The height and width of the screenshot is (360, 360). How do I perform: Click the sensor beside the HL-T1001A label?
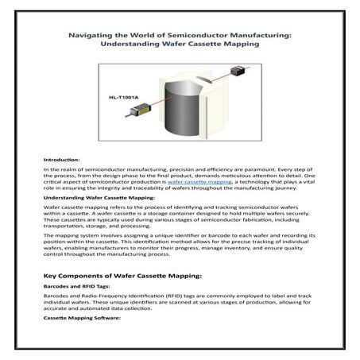[132, 117]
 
